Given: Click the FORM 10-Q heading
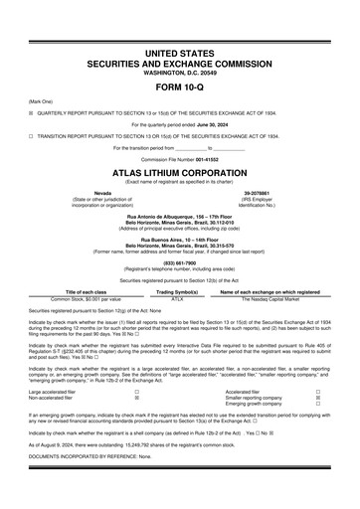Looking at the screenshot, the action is [x=179, y=85].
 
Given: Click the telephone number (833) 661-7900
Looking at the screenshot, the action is [x=179, y=262].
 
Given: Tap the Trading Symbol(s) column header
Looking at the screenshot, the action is [x=179, y=290].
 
